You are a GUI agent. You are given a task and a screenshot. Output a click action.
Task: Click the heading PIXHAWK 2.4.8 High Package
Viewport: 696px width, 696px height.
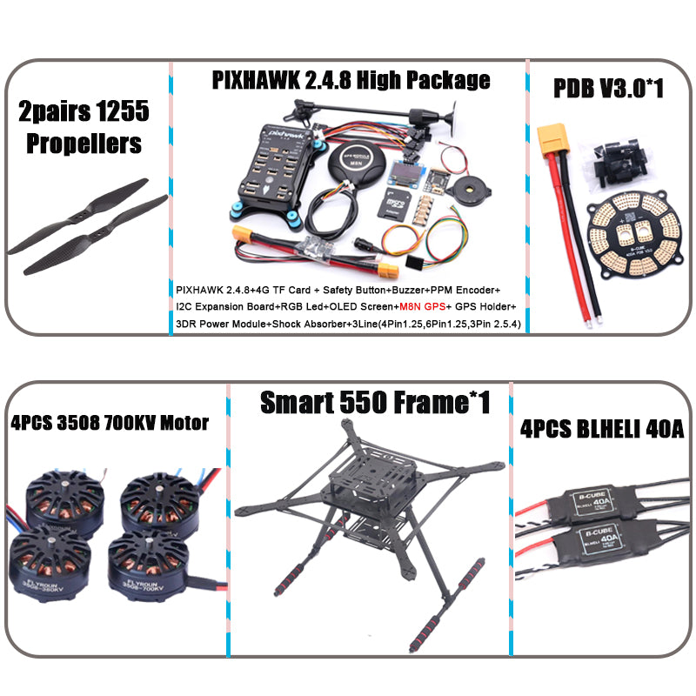351,81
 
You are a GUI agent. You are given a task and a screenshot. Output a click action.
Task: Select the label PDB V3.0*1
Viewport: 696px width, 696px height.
609,88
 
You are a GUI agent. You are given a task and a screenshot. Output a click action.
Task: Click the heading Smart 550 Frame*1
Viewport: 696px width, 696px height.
375,401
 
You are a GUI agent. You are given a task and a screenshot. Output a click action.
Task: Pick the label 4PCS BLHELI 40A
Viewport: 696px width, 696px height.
600,428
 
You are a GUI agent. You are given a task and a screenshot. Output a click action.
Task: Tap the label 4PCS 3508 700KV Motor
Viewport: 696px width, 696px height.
110,423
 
